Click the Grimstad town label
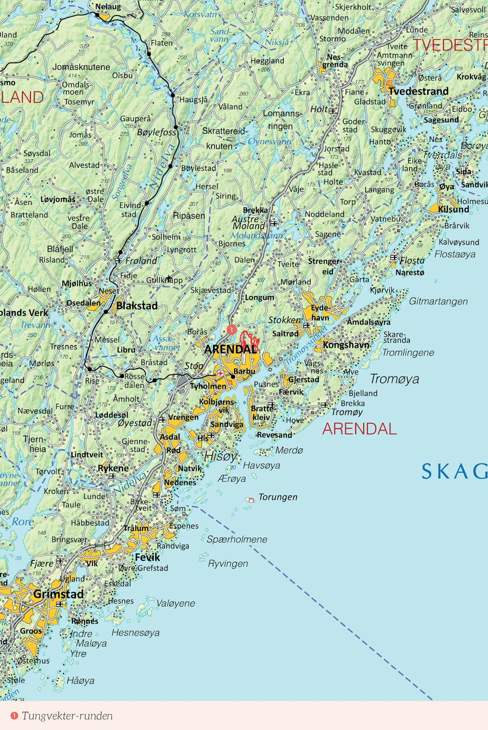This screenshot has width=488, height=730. (x=58, y=594)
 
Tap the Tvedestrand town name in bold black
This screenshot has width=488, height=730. (x=418, y=91)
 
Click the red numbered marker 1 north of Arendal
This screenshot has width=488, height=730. (x=231, y=329)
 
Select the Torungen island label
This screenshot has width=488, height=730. (x=278, y=497)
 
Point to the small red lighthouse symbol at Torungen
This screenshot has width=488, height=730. (x=251, y=500)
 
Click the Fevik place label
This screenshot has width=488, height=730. (x=148, y=557)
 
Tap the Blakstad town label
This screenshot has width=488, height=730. (x=137, y=306)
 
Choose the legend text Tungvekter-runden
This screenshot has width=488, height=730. (x=67, y=716)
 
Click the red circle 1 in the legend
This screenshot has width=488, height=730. (x=14, y=716)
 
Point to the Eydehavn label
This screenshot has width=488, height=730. (x=320, y=312)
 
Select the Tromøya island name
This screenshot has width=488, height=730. (x=394, y=379)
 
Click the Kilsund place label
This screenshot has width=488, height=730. (x=453, y=209)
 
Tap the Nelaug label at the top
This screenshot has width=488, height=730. (x=108, y=6)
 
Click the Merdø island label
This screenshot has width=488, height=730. (x=289, y=450)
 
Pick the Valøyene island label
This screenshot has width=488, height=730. (x=175, y=603)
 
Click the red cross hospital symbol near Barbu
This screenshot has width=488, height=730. (x=220, y=373)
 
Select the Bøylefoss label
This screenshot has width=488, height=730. (x=156, y=132)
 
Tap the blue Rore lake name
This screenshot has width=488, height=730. (x=23, y=522)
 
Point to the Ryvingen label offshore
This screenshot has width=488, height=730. (x=228, y=563)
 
